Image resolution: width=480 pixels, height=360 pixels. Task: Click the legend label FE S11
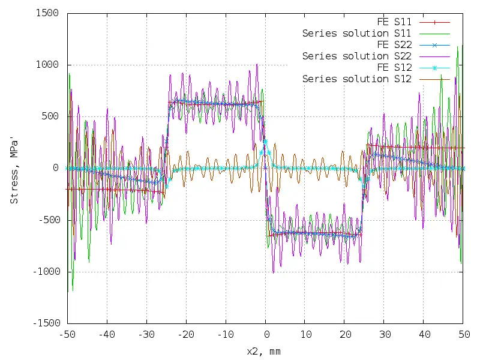pos(394,22)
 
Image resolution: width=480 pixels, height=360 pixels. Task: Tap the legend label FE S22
pos(394,44)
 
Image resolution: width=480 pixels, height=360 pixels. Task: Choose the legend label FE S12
pos(394,67)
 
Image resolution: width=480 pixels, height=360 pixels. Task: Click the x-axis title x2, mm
pos(263,350)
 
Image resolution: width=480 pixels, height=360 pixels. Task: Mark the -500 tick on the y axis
pos(48,220)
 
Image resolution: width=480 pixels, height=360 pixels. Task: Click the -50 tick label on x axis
pos(67,334)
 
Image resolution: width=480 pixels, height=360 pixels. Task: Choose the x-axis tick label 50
pos(463,334)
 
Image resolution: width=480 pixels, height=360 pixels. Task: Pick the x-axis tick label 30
pos(383,334)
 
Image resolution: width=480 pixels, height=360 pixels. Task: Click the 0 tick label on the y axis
pos(55,168)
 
